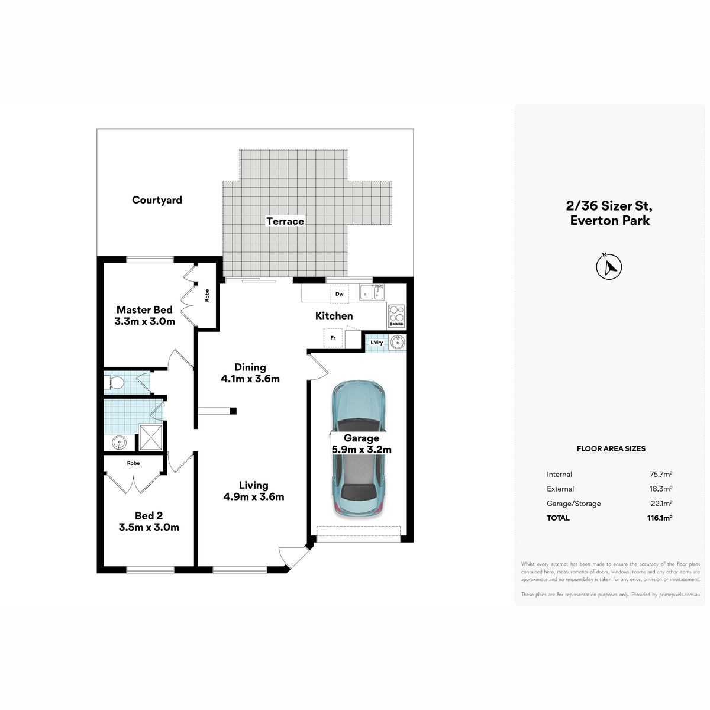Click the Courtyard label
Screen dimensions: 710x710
[157, 200]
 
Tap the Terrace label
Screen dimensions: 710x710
[285, 221]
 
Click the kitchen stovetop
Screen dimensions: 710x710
[397, 316]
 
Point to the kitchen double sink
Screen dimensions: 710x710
[372, 293]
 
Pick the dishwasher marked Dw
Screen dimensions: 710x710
[340, 294]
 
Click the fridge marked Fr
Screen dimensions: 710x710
[333, 338]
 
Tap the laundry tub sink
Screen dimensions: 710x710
[398, 342]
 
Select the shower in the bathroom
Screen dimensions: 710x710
[151, 437]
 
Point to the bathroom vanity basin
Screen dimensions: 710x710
[119, 442]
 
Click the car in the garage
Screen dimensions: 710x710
[359, 448]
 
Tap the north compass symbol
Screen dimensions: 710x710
[609, 266]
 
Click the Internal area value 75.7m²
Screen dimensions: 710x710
[661, 474]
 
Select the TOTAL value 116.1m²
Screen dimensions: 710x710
[660, 518]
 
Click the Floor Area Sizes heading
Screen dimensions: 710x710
[611, 448]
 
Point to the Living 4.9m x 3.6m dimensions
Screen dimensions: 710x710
[254, 496]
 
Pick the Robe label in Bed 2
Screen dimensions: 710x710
[133, 463]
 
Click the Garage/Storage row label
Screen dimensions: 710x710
[574, 504]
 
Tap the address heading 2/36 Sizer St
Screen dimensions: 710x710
[609, 206]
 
